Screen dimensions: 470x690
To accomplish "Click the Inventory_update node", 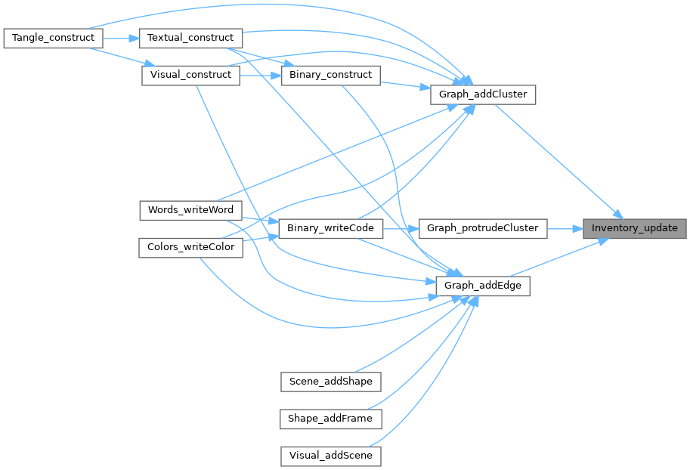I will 635,227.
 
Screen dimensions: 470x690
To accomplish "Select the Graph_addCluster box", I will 482,94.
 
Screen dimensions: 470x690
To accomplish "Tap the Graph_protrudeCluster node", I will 482,227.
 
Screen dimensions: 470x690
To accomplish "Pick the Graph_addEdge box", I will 482,286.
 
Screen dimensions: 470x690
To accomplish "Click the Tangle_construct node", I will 53,38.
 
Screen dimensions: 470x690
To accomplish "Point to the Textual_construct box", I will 190,38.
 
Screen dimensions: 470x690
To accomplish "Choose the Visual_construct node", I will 190,76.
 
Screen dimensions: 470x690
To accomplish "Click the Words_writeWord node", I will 190,209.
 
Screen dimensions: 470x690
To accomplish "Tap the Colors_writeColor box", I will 190,247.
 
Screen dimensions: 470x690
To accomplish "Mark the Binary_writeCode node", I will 330,227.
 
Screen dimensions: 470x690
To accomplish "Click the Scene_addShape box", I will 330,381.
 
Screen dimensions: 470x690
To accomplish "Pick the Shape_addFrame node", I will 330,418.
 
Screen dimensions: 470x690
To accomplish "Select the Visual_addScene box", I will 330,456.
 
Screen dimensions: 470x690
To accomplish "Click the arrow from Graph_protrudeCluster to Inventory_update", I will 565,227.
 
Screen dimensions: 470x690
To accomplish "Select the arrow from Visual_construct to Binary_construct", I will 260,76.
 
